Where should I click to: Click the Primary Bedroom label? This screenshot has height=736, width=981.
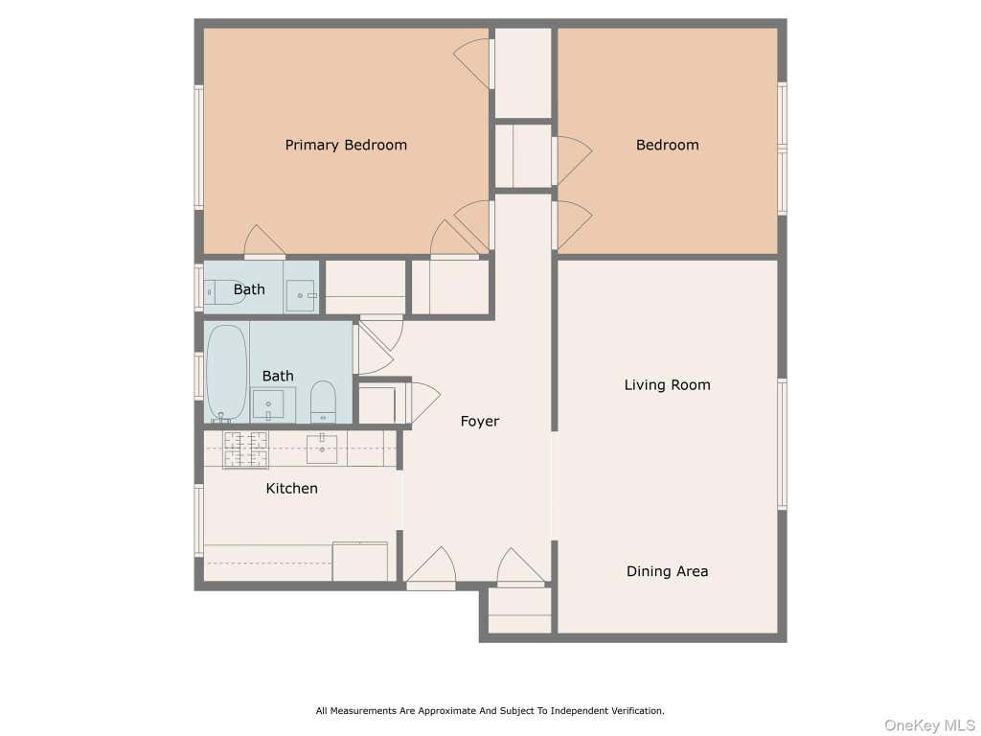point(346,146)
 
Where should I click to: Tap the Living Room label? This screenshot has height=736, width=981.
point(667,385)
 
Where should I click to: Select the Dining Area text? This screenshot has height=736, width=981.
point(667,571)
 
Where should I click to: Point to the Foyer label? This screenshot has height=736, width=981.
point(480,422)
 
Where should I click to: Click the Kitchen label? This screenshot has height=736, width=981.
point(291,488)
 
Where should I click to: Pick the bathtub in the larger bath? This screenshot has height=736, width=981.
point(226,373)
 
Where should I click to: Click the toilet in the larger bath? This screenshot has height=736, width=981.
point(323,402)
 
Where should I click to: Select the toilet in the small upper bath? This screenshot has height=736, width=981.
point(222,292)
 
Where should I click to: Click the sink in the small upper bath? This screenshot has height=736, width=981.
point(302,295)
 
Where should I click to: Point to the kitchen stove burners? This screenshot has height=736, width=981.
point(245,449)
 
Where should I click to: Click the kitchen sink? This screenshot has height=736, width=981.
point(322,448)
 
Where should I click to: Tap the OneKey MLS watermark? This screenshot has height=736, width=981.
point(929,725)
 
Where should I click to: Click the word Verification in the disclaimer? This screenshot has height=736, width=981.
point(636,711)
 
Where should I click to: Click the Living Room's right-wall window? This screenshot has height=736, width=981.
point(782,444)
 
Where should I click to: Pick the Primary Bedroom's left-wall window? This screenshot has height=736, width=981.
point(199,147)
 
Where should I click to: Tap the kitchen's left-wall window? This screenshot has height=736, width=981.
point(199,520)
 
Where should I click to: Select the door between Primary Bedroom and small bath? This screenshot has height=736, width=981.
point(264,242)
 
